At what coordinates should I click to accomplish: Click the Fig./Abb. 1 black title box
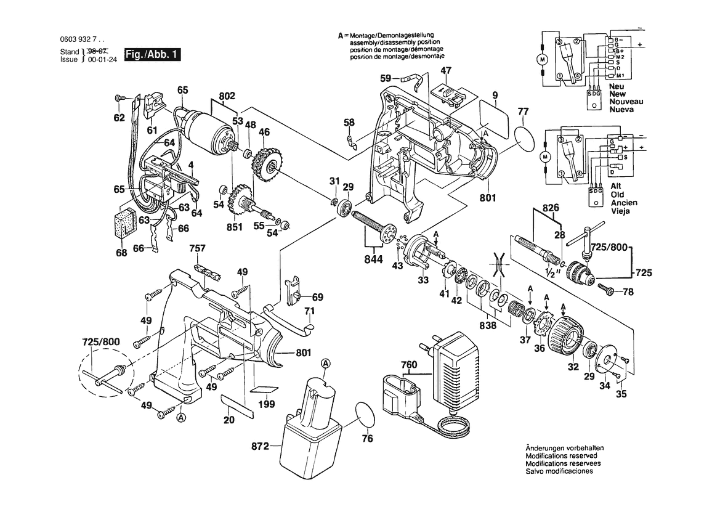153,54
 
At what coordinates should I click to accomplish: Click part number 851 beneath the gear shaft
234,227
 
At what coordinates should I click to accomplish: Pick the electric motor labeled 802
209,130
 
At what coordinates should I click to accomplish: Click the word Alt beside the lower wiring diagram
616,186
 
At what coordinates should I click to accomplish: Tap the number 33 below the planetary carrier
423,280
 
